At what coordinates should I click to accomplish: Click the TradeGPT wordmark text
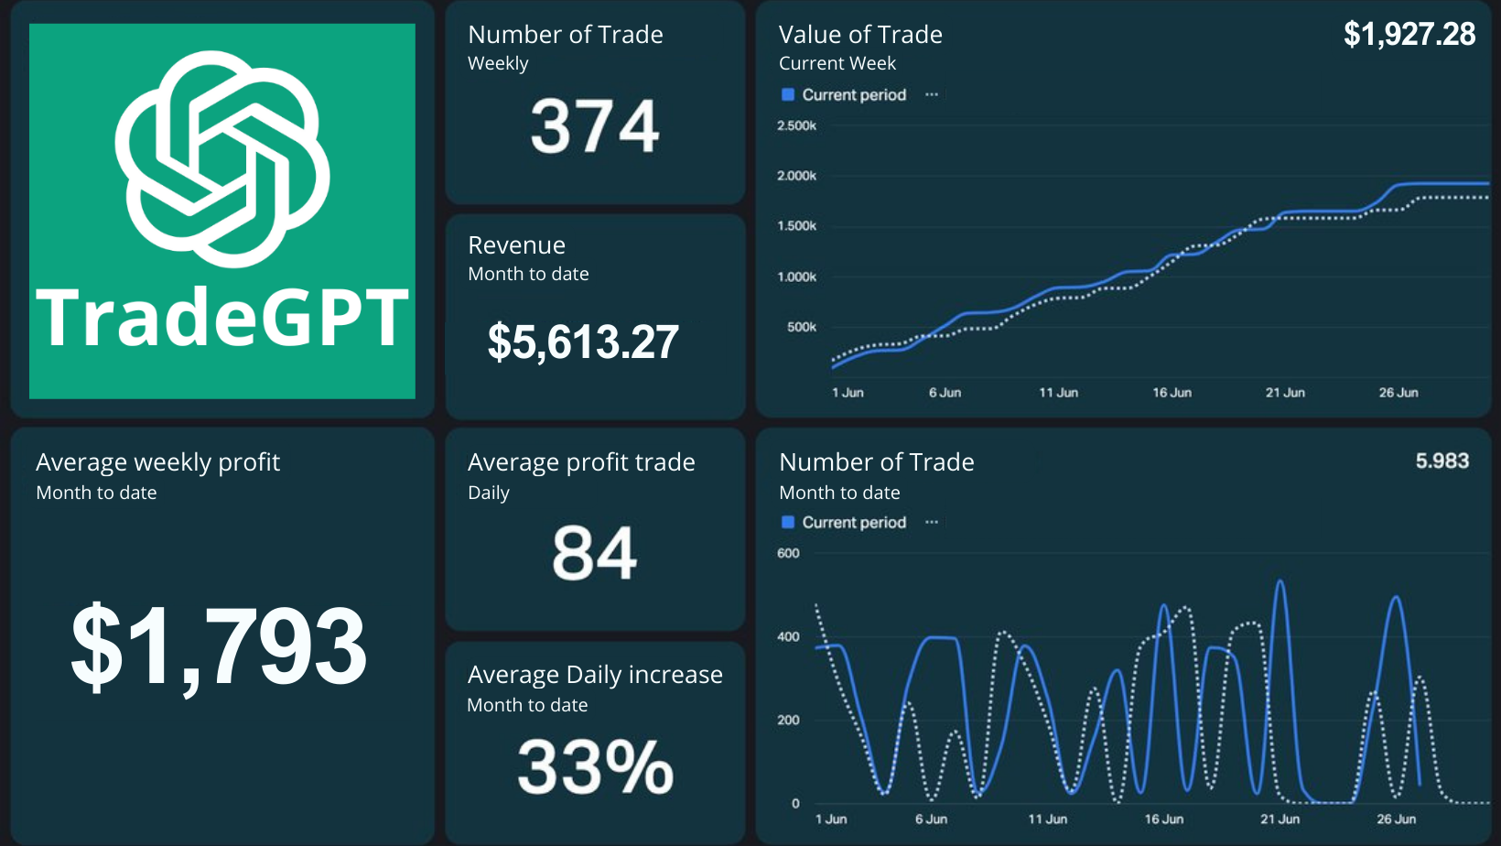point(222,318)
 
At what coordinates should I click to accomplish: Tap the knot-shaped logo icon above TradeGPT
point(222,158)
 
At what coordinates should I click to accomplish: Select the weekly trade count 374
point(595,126)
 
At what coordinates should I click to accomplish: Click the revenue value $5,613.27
point(583,342)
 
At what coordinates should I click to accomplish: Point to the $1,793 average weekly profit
point(220,646)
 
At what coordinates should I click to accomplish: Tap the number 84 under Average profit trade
point(595,554)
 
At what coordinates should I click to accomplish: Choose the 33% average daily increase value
point(595,767)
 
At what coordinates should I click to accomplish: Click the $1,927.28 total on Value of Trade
point(1409,35)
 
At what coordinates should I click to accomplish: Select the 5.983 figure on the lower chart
point(1442,461)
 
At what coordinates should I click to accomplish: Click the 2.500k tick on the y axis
point(796,126)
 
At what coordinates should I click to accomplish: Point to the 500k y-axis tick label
point(801,327)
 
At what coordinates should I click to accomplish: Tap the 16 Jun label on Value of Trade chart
point(1172,393)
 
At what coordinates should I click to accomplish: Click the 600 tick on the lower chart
point(788,553)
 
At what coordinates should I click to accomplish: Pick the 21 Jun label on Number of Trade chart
point(1280,819)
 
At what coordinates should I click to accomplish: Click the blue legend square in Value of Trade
point(788,95)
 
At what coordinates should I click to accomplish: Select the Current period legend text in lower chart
point(854,523)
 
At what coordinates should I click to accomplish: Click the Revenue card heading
point(516,245)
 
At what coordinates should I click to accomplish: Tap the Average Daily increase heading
point(595,675)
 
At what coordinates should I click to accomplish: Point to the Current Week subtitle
point(837,63)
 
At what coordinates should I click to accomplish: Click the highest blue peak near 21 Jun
point(1280,581)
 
